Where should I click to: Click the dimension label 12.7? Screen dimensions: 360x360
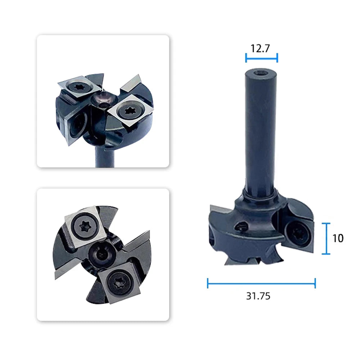(x=260, y=49)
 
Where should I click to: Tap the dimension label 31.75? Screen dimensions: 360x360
(x=258, y=296)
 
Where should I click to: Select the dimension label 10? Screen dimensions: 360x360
(x=338, y=238)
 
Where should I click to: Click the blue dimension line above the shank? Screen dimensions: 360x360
(x=261, y=58)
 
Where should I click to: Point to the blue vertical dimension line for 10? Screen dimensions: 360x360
(x=326, y=239)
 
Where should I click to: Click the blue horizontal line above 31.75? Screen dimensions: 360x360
(x=261, y=283)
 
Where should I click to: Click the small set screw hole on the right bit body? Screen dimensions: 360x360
(x=241, y=226)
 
